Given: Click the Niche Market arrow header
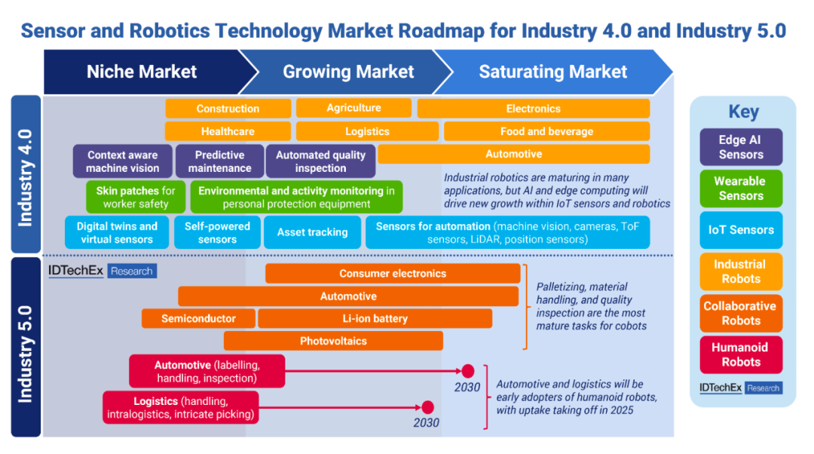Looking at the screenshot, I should click(x=142, y=72).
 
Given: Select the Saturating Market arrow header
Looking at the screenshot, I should click(x=552, y=72).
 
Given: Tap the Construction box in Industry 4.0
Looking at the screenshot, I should click(x=228, y=109).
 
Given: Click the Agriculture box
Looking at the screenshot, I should click(x=353, y=108).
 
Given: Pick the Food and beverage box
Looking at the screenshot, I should click(x=546, y=131).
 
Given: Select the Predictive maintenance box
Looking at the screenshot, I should click(x=219, y=161).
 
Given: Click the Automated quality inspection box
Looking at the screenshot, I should click(x=320, y=161).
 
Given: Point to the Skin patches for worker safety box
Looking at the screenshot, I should click(x=136, y=197).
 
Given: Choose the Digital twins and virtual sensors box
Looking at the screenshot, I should click(x=117, y=232).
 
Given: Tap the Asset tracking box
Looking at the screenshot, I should click(x=312, y=232).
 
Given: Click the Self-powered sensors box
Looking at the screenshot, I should click(x=217, y=232).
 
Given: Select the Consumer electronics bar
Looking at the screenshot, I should click(x=393, y=274).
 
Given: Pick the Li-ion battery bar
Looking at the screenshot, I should click(x=375, y=318).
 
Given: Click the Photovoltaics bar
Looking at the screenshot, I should click(x=333, y=341).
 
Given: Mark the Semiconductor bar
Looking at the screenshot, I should click(x=198, y=318).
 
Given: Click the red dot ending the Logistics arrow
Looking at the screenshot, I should click(x=428, y=407).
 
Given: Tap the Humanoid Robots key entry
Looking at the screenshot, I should click(x=741, y=354).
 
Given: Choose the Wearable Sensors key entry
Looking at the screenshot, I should click(x=741, y=189).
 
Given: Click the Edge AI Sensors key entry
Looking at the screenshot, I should click(x=741, y=147).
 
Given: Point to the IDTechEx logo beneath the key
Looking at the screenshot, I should click(x=741, y=388).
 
